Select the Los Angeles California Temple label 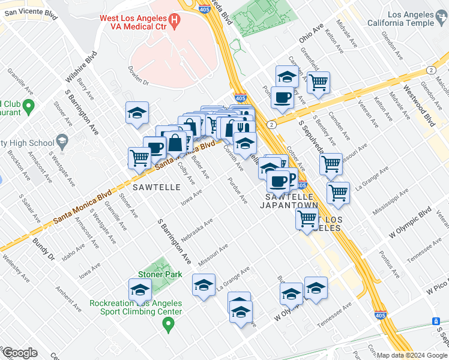click(x=403, y=19)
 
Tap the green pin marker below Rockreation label click(x=169, y=325)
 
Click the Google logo click(x=19, y=353)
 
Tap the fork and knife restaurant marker click(x=244, y=128)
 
